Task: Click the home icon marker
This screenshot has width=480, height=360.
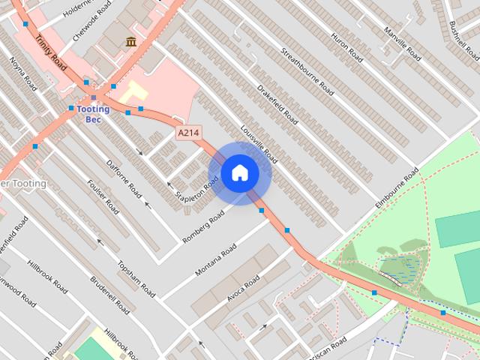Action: [239, 173]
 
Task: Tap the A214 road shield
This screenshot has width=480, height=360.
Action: [188, 133]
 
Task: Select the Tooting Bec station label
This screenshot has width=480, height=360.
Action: [93, 114]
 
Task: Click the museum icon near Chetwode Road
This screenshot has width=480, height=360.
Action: [131, 41]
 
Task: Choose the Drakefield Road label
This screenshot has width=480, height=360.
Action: [277, 104]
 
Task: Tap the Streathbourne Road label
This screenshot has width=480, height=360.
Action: [307, 70]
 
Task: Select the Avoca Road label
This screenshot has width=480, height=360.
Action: [243, 289]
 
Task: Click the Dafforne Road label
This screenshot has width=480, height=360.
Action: [124, 177]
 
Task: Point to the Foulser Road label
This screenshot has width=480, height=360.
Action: [103, 196]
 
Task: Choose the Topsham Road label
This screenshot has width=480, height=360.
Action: [136, 278]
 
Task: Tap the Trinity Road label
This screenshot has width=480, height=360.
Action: [51, 58]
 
